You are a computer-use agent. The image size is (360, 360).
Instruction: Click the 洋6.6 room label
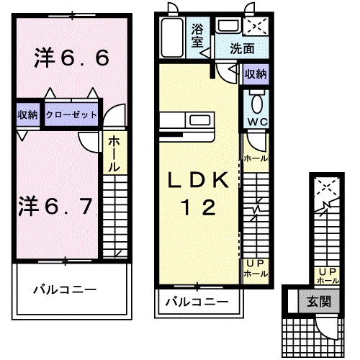click(x=72, y=58)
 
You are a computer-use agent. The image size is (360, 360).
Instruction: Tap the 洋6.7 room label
click(x=55, y=206)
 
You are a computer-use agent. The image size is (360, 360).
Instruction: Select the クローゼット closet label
click(x=71, y=114)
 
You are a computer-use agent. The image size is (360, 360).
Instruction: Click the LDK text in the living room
click(x=198, y=180)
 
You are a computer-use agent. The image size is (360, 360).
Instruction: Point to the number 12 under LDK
click(x=198, y=207)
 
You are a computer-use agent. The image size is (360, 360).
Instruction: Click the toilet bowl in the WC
click(x=257, y=103)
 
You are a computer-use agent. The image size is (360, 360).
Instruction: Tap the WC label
click(x=257, y=122)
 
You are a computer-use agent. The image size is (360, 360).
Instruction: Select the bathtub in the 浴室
click(x=172, y=37)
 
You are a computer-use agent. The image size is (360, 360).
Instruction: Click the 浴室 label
click(x=197, y=36)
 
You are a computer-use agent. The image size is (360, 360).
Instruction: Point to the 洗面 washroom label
click(x=242, y=49)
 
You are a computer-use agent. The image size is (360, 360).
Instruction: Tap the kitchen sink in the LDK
click(x=199, y=120)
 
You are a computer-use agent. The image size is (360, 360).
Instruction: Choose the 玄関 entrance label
click(x=319, y=301)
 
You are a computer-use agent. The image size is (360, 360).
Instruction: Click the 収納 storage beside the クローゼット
click(x=28, y=114)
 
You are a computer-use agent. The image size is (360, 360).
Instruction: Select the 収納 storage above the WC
click(x=256, y=74)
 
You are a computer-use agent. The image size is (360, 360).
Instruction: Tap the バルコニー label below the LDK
click(x=197, y=302)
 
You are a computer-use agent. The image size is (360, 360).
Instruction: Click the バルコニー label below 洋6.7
click(x=65, y=289)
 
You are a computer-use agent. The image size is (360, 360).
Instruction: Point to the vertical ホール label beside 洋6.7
click(x=114, y=154)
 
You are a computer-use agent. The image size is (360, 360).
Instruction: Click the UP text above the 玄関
click(x=328, y=272)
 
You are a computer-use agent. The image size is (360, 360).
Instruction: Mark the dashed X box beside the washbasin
click(x=256, y=26)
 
